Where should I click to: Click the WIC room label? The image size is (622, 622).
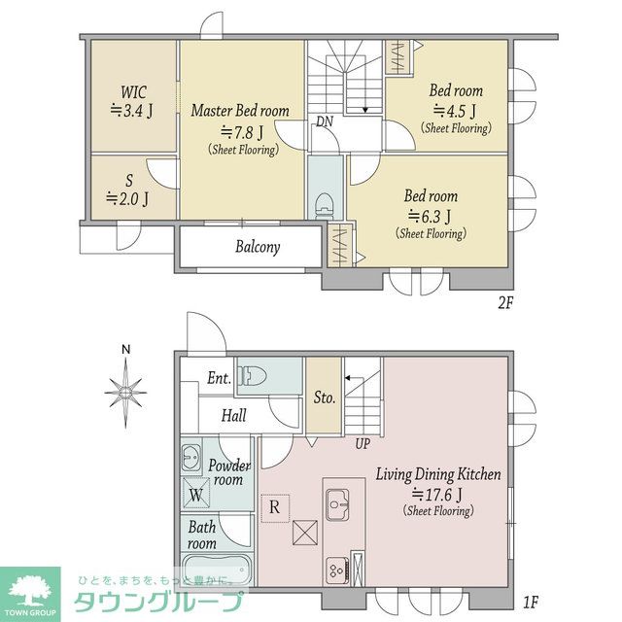[133, 92]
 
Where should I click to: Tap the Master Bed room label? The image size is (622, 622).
[240, 111]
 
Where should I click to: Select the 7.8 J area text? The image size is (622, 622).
[242, 132]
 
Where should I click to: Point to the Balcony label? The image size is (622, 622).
[258, 247]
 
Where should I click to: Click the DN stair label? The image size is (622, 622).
[325, 121]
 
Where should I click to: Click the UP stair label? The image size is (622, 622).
[362, 444]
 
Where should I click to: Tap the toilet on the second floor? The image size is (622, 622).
[324, 205]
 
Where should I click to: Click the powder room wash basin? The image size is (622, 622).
[191, 458]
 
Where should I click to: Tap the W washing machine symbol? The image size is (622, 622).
[196, 494]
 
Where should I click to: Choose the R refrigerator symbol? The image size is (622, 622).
[275, 507]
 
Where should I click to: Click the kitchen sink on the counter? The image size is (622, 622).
[337, 504]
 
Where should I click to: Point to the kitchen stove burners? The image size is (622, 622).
[337, 570]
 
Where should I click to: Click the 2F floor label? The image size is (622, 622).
[505, 303]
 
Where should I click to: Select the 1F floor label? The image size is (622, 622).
[531, 603]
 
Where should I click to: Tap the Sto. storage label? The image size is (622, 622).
[325, 397]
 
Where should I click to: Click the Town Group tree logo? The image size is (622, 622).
[30, 591]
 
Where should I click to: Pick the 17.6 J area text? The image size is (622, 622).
[438, 495]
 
